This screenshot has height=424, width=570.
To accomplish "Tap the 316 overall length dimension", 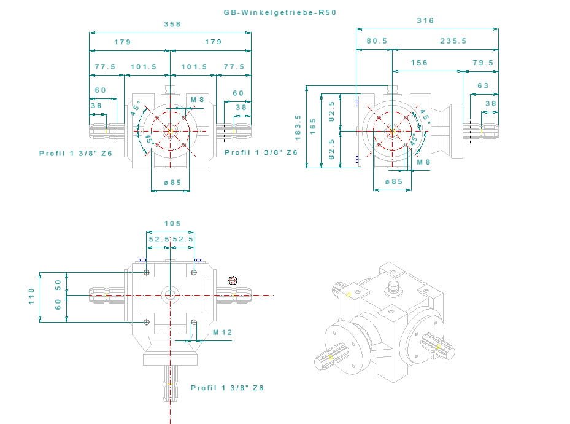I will point(425,20).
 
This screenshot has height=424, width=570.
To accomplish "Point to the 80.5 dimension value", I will point(377,41).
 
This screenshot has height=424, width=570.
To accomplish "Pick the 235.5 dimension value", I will point(453,41).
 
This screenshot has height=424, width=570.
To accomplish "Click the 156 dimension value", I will point(420,63).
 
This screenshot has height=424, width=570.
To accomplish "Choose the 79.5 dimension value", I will point(483,63).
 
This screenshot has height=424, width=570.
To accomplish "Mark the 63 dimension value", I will point(483,86).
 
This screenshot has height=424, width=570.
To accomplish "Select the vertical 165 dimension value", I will point(312,130).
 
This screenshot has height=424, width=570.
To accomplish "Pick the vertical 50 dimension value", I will point(58,285).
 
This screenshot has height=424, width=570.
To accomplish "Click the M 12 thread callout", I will point(223,332).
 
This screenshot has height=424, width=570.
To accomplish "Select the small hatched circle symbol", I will point(232,281).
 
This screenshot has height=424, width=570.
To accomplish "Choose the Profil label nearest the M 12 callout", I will point(227,388).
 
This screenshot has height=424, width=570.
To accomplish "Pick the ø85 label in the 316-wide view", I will point(393,181).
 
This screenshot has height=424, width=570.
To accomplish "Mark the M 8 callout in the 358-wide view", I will point(198,100).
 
